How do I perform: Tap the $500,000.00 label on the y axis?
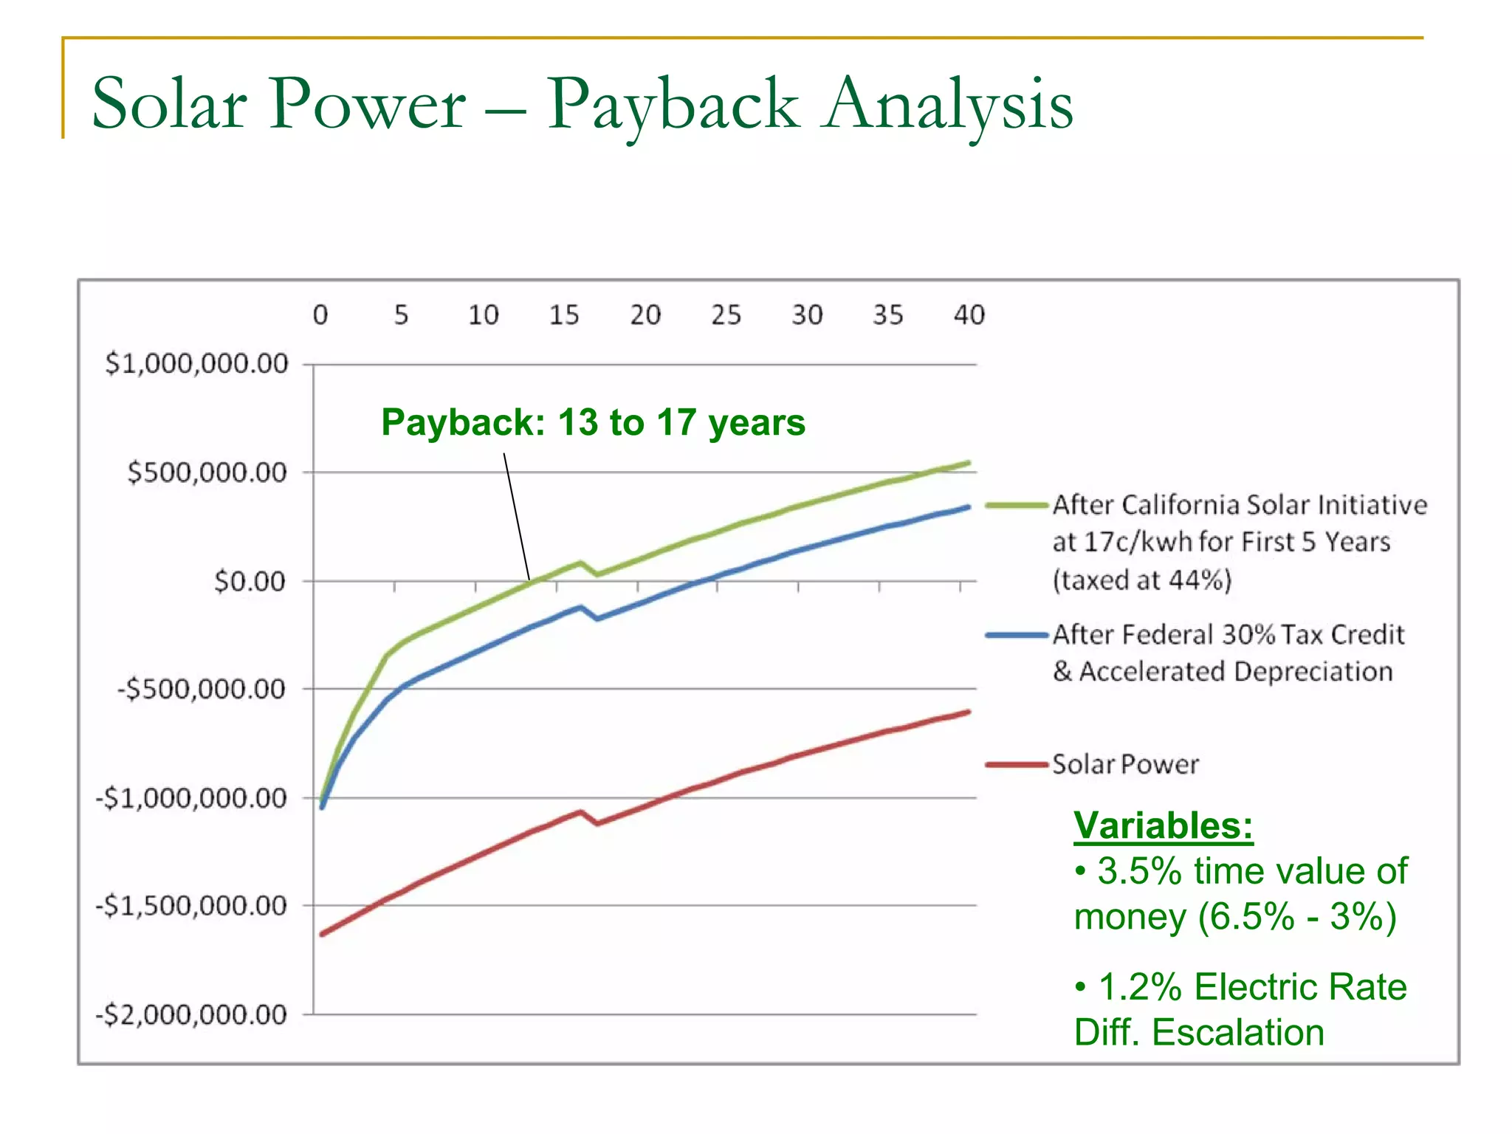point(207,472)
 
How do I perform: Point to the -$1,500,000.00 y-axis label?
point(190,906)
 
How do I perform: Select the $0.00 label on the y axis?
point(249,582)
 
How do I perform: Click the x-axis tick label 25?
point(726,315)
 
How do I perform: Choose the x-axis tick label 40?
point(969,315)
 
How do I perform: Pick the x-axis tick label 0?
point(320,315)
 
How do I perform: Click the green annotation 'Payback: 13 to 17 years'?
point(593,423)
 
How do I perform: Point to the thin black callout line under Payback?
point(517,517)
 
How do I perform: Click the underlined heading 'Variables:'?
point(1163,825)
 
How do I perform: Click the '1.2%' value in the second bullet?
point(1140,987)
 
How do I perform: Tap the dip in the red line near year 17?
point(597,823)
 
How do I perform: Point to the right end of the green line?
point(968,463)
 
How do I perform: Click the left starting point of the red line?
point(322,935)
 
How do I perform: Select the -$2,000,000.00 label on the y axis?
point(190,1015)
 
